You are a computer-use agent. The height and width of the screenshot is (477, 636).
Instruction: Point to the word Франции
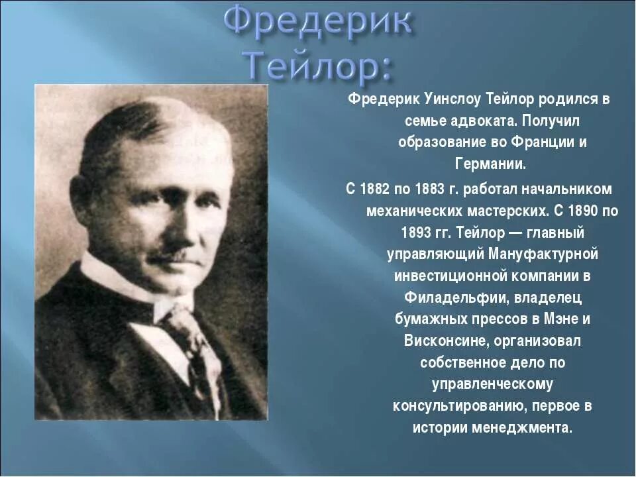pyautogui.click(x=541, y=142)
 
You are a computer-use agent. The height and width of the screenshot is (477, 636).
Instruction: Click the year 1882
pyautogui.click(x=375, y=189)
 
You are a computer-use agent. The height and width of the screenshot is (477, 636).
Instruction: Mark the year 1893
pyautogui.click(x=417, y=233)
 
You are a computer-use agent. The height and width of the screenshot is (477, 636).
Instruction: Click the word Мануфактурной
pyautogui.click(x=543, y=254)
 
